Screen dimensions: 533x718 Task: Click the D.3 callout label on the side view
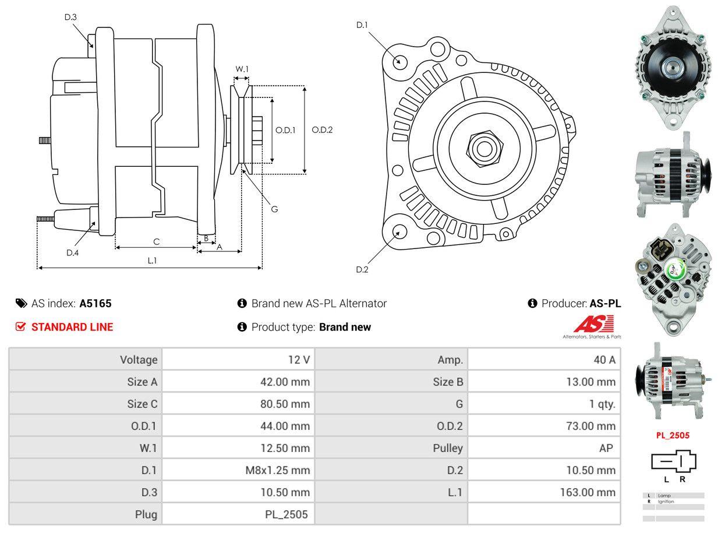tap(70, 17)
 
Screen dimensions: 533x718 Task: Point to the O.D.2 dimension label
tap(322, 130)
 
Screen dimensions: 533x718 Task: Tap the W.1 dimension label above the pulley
tap(242, 69)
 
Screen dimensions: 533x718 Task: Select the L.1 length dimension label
tap(152, 261)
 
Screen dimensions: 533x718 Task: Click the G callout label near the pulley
tap(274, 209)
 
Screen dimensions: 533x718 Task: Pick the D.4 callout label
tap(72, 253)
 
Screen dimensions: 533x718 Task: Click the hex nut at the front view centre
tap(482, 148)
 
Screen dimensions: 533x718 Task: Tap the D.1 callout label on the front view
tap(362, 25)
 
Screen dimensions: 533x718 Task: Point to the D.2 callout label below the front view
tap(362, 269)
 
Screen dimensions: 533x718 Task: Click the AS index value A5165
tap(96, 303)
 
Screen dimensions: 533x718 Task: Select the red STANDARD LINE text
tap(72, 327)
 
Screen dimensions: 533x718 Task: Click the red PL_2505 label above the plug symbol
tap(673, 435)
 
